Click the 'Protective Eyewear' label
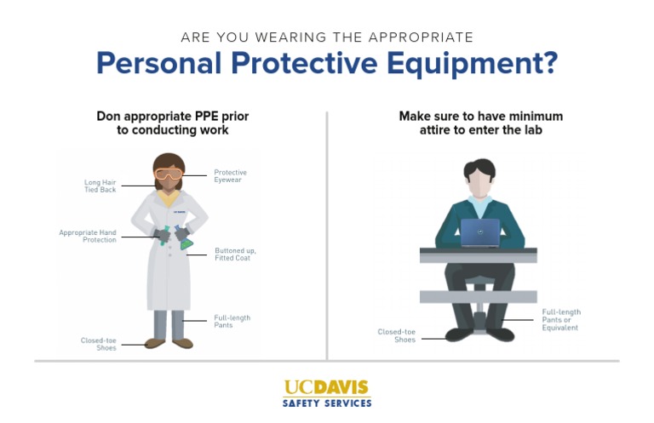coord(230,175)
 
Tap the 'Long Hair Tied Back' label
coord(100,186)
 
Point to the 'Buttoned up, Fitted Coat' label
coord(235,254)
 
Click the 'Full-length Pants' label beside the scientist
coord(231,322)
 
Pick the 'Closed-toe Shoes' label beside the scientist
coord(99,344)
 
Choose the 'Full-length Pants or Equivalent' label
coord(561,319)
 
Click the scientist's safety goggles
coord(168,174)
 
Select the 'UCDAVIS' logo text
coord(327,388)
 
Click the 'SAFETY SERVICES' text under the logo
coord(327,403)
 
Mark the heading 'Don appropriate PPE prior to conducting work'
coord(172,123)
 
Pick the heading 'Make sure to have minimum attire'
coord(481,123)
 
